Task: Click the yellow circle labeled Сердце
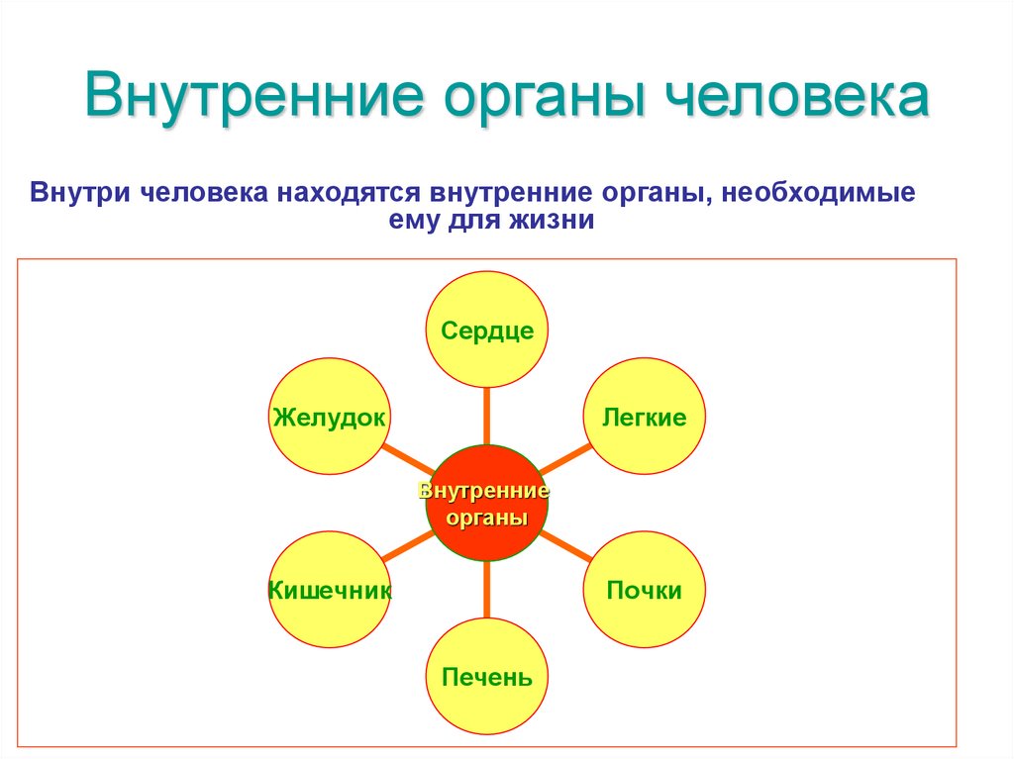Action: [x=486, y=329]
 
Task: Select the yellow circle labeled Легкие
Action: [x=644, y=416]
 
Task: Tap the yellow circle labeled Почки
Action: [x=644, y=590]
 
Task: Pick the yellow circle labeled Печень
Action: [x=486, y=677]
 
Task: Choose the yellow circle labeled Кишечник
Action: [x=329, y=590]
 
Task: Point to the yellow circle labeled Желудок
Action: [x=329, y=416]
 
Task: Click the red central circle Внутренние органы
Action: [x=486, y=504]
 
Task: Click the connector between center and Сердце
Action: [x=486, y=416]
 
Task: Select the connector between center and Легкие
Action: [x=564, y=458]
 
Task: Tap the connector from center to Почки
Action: [x=564, y=546]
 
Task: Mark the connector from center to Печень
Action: [x=486, y=591]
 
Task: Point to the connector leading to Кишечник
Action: [x=408, y=547]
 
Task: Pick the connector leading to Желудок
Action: [x=408, y=459]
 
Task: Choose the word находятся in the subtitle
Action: [x=349, y=191]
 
